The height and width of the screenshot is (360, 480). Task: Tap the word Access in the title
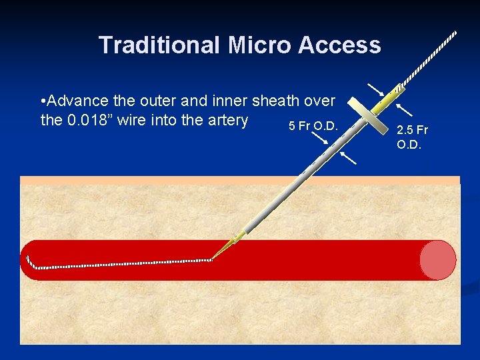(x=340, y=45)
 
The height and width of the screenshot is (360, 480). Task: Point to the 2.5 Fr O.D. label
(x=412, y=137)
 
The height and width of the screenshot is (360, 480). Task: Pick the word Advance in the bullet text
(x=80, y=101)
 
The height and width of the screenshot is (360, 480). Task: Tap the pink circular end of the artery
(x=438, y=259)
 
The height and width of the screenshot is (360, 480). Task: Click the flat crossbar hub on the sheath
(x=369, y=117)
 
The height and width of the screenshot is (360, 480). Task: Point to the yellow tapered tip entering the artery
(x=227, y=248)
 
